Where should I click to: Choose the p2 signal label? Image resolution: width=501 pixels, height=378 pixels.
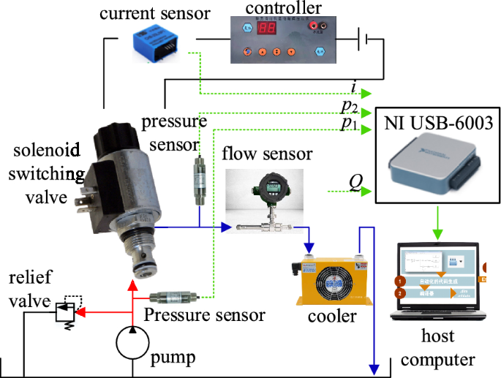point(350,107)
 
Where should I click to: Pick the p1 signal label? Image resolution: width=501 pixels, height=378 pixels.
point(350,124)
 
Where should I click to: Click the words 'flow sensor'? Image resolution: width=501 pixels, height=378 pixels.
point(267,154)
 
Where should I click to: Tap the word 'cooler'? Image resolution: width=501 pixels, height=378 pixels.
point(332,317)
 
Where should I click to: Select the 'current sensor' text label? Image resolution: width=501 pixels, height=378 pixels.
point(156,14)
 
